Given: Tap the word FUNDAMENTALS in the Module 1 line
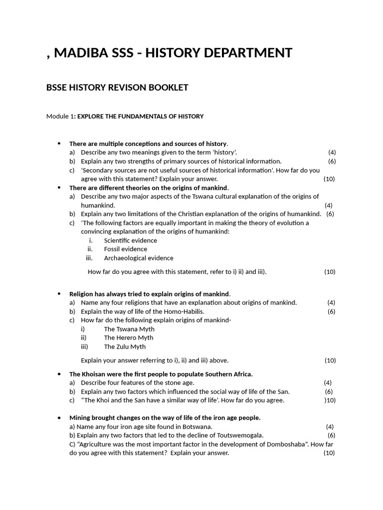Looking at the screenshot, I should pos(136,117).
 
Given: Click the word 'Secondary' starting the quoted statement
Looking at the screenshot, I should pos(98,170).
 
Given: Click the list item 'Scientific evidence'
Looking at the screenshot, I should pos(131,241).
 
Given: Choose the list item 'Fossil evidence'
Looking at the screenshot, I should pos(126,249).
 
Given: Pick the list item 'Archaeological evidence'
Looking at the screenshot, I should pos(139,258).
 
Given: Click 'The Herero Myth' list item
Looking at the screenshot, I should pos(129,338).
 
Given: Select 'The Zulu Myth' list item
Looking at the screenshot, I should pos(125,347).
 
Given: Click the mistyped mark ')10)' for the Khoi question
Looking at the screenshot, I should pos(330,400).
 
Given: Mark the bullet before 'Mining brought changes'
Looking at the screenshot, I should pos(59,418).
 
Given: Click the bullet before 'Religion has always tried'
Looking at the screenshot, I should pos(59,294).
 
